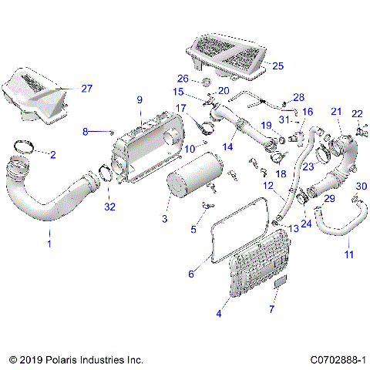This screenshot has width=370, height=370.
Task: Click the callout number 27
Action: pyautogui.click(x=86, y=89)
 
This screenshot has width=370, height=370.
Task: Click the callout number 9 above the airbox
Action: pyautogui.click(x=140, y=99)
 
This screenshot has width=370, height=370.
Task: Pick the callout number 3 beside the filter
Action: pyautogui.click(x=164, y=220)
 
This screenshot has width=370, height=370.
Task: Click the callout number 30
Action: pyautogui.click(x=361, y=187)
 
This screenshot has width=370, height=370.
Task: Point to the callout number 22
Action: pyautogui.click(x=356, y=113)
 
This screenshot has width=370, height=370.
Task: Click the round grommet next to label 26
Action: pyautogui.click(x=207, y=82)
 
